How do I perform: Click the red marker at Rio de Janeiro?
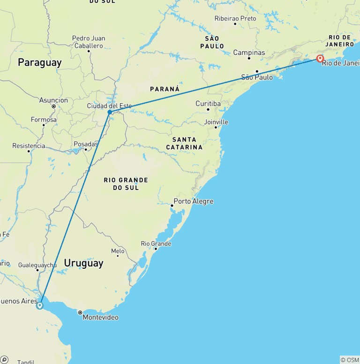tap(320, 59)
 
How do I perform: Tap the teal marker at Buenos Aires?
tap(40, 305)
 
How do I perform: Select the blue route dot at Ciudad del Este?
tap(110, 112)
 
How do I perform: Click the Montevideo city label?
tap(100, 318)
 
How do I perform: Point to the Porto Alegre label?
tap(193, 201)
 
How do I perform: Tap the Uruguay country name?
tap(83, 263)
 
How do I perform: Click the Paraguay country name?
tap(40, 62)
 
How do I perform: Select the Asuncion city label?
tap(53, 100)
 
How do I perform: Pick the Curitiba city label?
tap(208, 103)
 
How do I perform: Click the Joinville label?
tap(216, 122)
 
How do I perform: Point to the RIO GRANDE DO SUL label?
tap(126, 184)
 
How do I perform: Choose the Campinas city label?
tap(249, 53)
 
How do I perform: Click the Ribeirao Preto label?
tap(235, 18)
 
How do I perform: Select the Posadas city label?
tap(85, 144)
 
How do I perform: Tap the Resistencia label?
tap(29, 146)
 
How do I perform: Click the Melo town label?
tap(118, 251)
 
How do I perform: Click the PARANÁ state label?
tap(165, 89)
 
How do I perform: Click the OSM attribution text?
tap(350, 360)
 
